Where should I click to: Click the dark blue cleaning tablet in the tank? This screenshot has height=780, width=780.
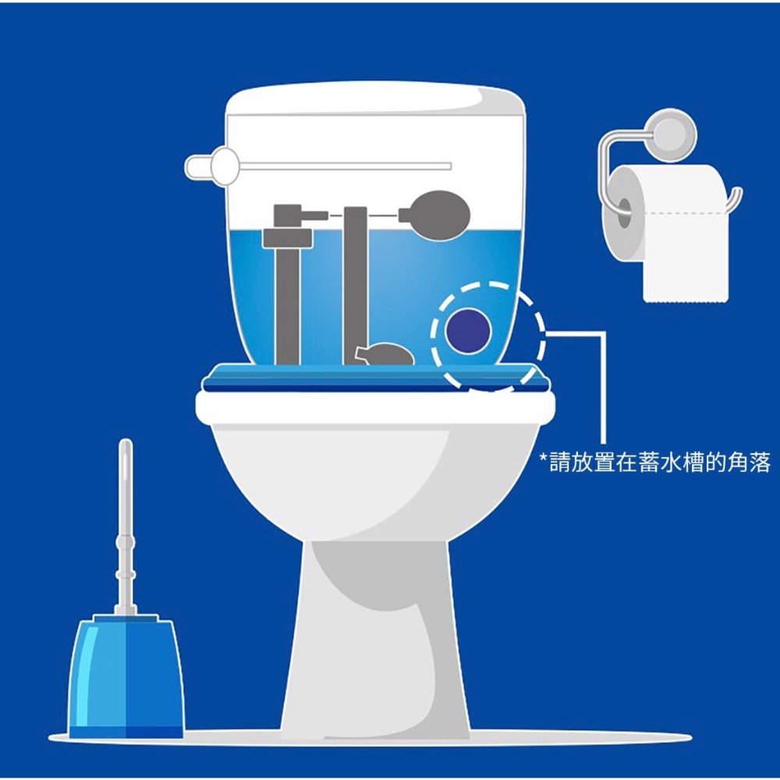(x=468, y=331)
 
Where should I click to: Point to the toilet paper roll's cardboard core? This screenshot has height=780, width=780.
(x=624, y=212)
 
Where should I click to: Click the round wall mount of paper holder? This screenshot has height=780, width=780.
(x=672, y=134)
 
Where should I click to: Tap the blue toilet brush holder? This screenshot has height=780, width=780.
(x=126, y=677)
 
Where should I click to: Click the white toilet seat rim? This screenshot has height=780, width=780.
(x=376, y=407)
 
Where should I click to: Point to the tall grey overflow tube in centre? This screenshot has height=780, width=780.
(x=355, y=285)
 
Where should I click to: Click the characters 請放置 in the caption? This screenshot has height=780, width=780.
(x=582, y=462)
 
